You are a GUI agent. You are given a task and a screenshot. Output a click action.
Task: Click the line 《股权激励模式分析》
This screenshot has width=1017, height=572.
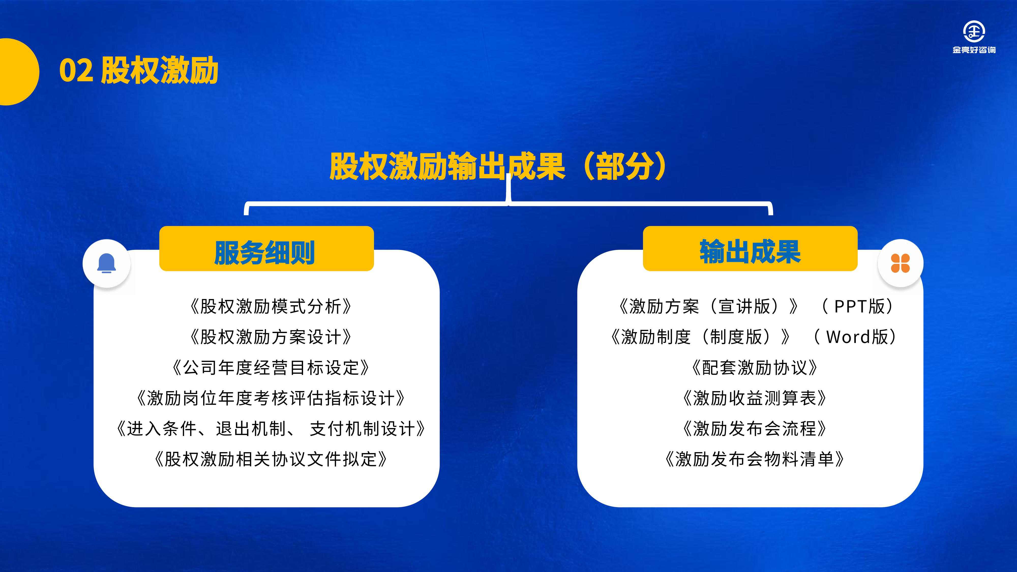point(271,306)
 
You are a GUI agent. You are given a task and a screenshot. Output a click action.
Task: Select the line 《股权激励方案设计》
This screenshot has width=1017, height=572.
point(271,337)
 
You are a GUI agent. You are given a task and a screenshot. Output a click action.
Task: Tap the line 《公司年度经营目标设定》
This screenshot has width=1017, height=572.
point(271,368)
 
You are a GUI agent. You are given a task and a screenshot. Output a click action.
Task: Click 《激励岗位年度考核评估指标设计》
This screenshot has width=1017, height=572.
point(271,398)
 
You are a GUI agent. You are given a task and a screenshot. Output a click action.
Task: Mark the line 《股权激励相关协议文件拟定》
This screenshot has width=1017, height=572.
point(271,459)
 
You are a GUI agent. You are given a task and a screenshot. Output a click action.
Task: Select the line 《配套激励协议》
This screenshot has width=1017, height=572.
point(754,368)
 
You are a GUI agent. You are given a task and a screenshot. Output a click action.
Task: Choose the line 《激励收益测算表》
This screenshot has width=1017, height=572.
point(754,398)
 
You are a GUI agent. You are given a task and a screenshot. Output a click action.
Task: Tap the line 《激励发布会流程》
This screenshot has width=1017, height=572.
point(754,429)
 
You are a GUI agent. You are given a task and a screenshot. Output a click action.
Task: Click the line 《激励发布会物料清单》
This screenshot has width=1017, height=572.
point(754,459)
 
